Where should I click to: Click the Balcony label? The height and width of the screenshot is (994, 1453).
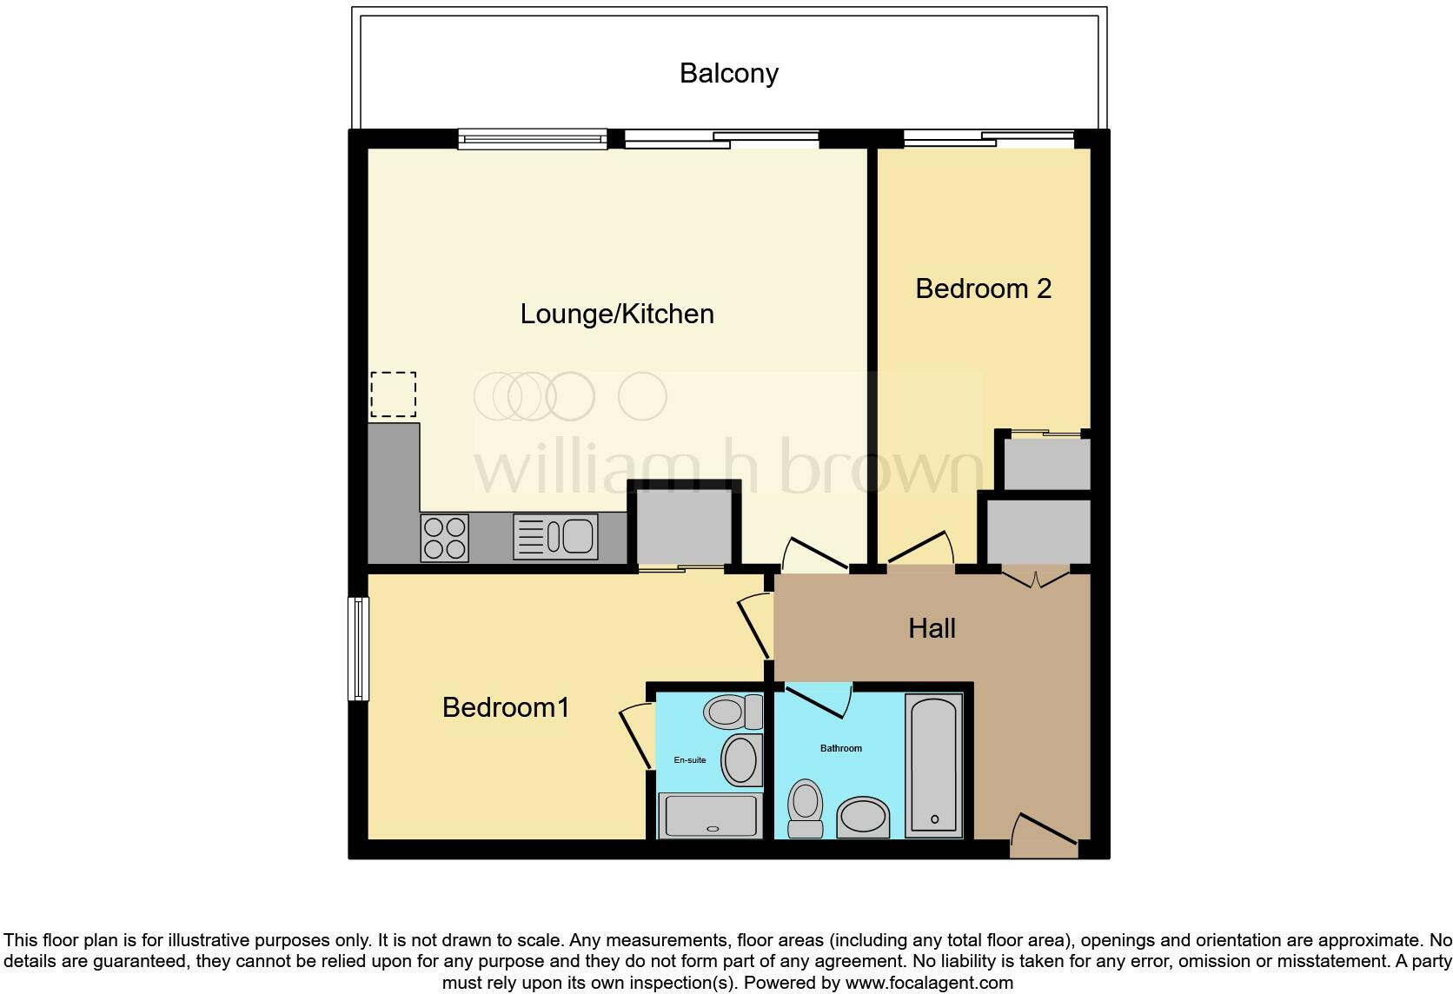(x=728, y=73)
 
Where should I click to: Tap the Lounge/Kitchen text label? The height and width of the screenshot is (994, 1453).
(x=617, y=314)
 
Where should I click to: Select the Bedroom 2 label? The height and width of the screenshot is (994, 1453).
(x=983, y=288)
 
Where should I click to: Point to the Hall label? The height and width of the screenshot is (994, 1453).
(x=932, y=628)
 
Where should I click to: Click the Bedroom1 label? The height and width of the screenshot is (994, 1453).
(x=506, y=707)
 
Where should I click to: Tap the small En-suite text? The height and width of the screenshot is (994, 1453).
(x=690, y=760)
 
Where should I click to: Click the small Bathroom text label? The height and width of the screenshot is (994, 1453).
(x=840, y=748)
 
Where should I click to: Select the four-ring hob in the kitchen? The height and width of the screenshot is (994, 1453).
(x=444, y=538)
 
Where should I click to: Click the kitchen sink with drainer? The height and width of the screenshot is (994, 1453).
(x=555, y=537)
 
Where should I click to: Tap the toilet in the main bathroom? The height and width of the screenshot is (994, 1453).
(x=805, y=807)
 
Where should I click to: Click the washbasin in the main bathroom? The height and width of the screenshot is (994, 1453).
(x=863, y=817)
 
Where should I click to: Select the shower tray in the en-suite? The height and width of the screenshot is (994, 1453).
(x=710, y=815)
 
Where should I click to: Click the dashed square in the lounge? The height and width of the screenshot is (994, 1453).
(x=393, y=394)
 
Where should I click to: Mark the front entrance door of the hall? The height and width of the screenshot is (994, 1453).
(x=1044, y=836)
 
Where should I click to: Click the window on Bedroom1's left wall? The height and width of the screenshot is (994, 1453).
(x=358, y=648)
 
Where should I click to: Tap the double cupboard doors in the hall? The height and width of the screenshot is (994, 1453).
(x=1036, y=577)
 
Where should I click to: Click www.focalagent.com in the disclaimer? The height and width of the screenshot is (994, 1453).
(x=929, y=984)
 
